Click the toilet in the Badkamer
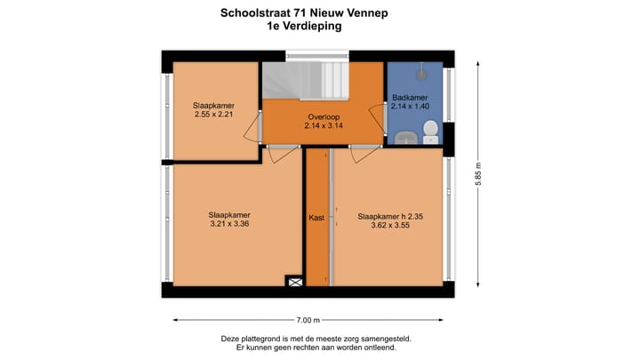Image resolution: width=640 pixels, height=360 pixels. coord(430,132)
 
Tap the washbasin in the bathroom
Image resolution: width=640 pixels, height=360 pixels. coord(405,137)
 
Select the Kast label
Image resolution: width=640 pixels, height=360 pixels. coord(316,216)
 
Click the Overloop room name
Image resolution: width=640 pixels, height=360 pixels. coord(324,116)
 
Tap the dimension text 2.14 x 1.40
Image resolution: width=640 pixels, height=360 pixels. coord(410,107)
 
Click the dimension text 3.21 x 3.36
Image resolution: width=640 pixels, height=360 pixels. coord(229,224)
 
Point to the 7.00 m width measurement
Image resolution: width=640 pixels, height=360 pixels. coord(308,320)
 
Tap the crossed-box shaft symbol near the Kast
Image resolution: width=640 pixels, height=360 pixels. coord(294,282)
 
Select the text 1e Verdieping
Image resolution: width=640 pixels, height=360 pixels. coord(304,27)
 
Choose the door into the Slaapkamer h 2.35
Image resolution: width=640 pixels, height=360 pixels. coord(365,154)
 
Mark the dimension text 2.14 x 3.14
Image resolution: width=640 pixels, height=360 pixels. coord(324,126)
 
